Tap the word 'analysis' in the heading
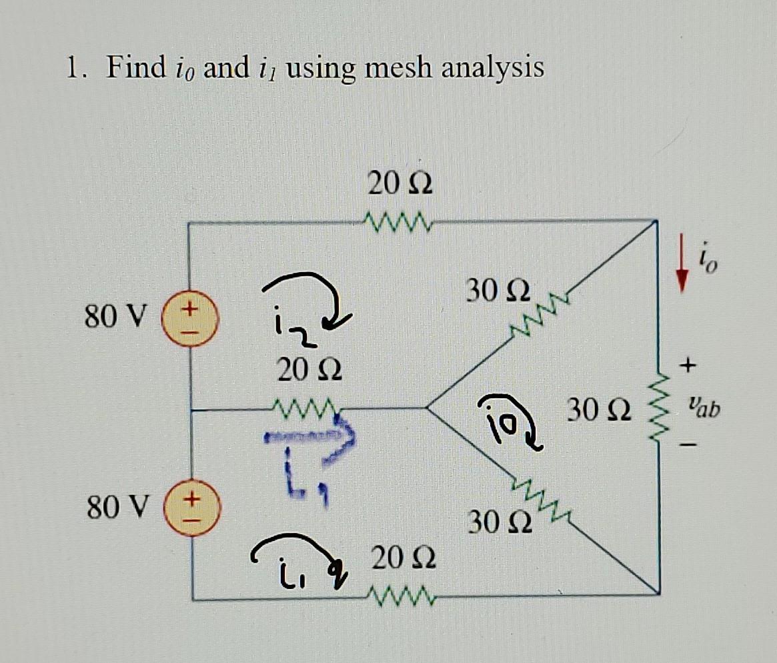[x=495, y=69]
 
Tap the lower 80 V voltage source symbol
[x=190, y=509]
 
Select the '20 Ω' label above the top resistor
[x=400, y=184]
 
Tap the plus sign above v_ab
[x=688, y=364]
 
